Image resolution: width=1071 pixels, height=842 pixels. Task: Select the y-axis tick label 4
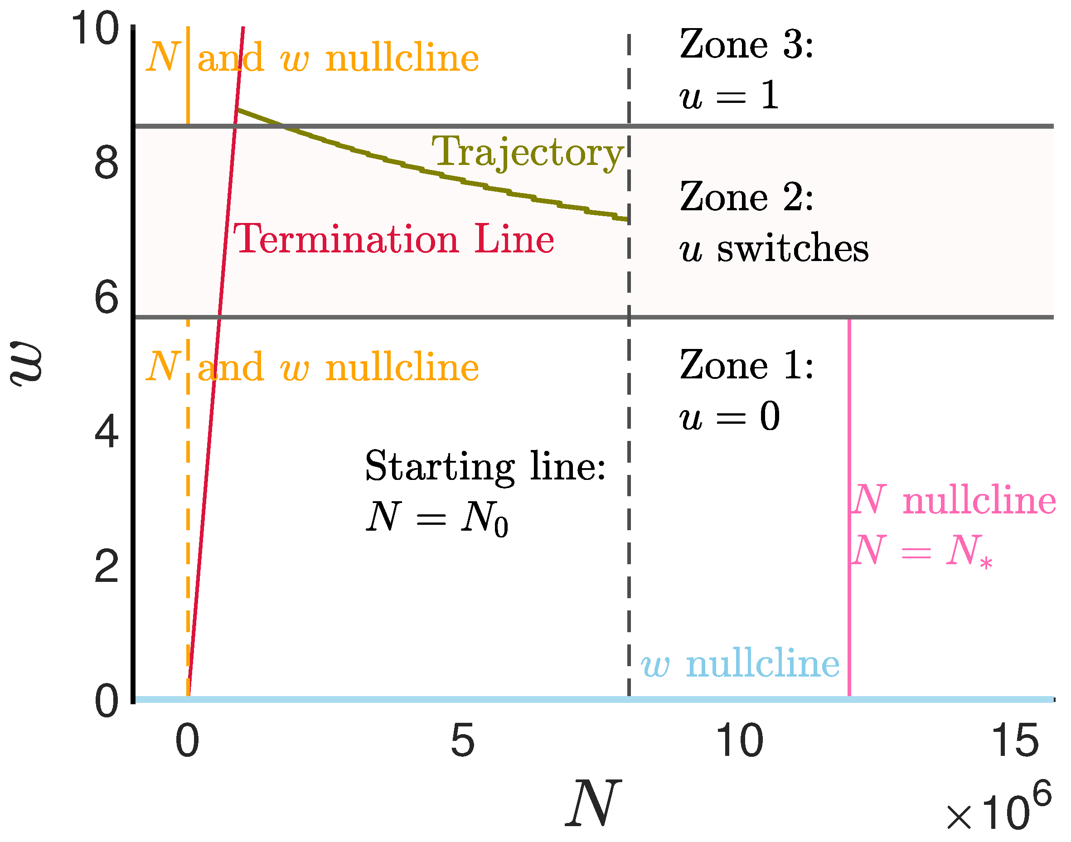pyautogui.click(x=107, y=432)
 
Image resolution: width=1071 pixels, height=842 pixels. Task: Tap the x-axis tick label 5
pyautogui.click(x=462, y=740)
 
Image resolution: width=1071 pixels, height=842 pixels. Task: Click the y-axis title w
pyautogui.click(x=27, y=364)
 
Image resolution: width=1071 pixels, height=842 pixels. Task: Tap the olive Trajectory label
pyautogui.click(x=528, y=152)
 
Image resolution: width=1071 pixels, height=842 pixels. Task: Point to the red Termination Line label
pyautogui.click(x=393, y=239)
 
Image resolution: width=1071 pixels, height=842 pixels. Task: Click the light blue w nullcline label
pyautogui.click(x=740, y=664)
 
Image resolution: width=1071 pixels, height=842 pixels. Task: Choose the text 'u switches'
pyautogui.click(x=773, y=248)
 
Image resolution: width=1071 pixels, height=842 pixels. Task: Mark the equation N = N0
pyautogui.click(x=436, y=518)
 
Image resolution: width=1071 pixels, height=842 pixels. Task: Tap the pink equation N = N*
pyautogui.click(x=921, y=551)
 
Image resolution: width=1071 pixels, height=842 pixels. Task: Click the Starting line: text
pyautogui.click(x=485, y=466)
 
